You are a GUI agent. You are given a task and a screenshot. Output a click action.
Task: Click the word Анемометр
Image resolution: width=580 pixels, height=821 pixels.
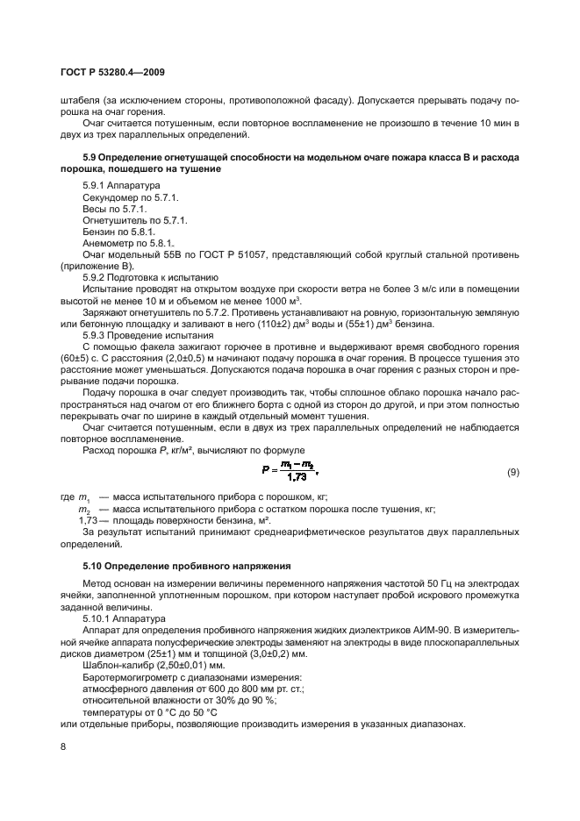click(x=109, y=242)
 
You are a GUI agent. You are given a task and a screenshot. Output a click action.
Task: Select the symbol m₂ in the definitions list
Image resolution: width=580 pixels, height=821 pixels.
click(x=84, y=510)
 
